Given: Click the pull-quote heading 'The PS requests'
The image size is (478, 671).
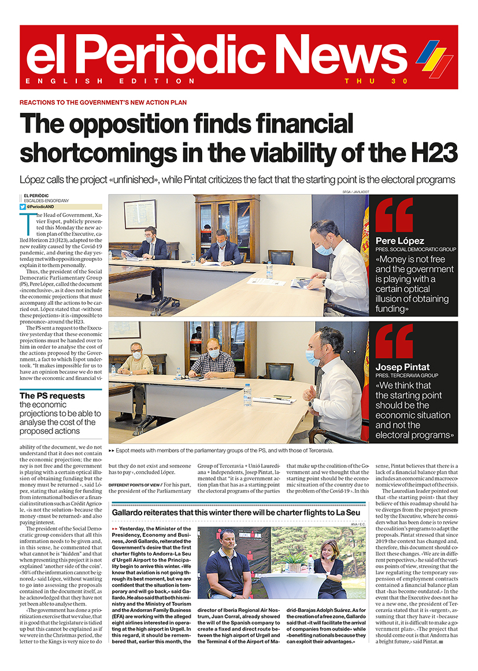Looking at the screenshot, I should [x=52, y=396].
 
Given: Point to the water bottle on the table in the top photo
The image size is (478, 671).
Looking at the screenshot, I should [x=269, y=270].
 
